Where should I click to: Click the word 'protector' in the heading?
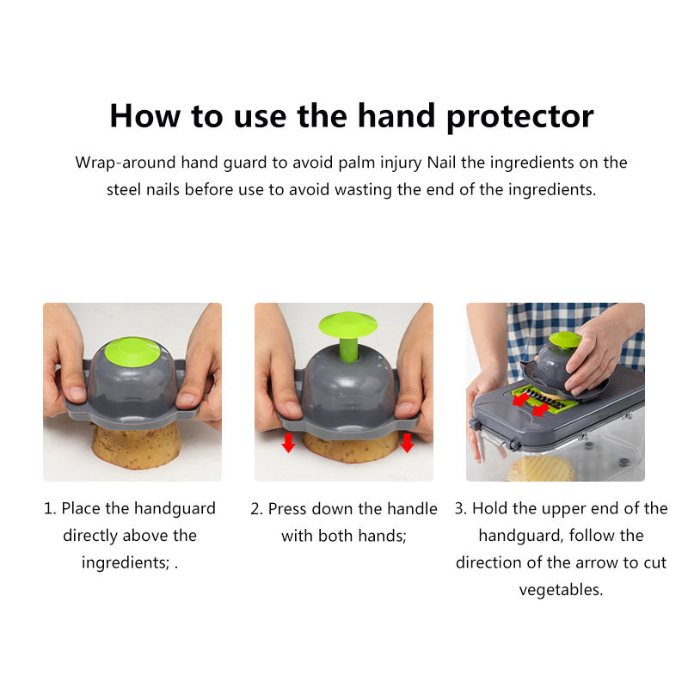pyautogui.click(x=520, y=117)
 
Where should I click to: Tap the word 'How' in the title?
pyautogui.click(x=144, y=116)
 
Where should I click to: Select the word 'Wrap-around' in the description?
pyautogui.click(x=126, y=163)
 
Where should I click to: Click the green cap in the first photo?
pyautogui.click(x=132, y=352)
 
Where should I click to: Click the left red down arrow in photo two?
pyautogui.click(x=288, y=443)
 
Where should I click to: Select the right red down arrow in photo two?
pyautogui.click(x=407, y=443)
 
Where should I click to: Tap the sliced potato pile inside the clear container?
pyautogui.click(x=541, y=469)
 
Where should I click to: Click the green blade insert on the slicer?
pyautogui.click(x=544, y=398)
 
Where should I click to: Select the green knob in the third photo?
pyautogui.click(x=565, y=340)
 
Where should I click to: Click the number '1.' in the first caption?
pyautogui.click(x=50, y=508)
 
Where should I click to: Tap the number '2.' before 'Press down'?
pyautogui.click(x=256, y=509)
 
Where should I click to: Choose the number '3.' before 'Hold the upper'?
pyautogui.click(x=461, y=508)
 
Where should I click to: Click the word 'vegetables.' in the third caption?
pyautogui.click(x=562, y=590)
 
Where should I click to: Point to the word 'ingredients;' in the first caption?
pyautogui.click(x=126, y=562)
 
